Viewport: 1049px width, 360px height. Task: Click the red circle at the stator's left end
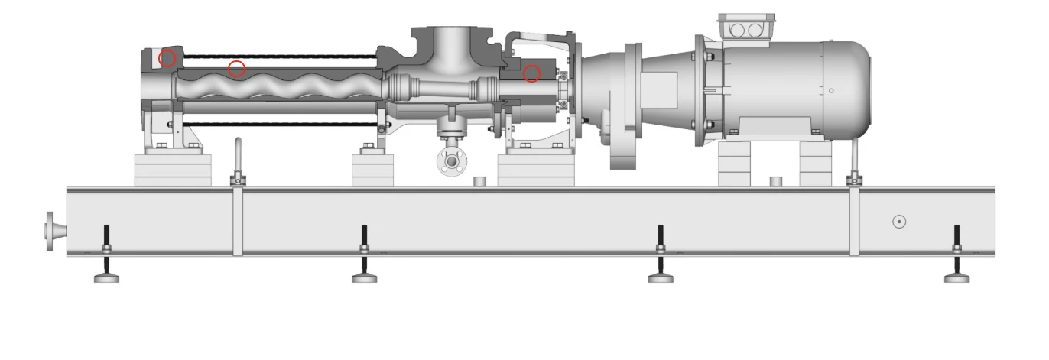(x=167, y=58)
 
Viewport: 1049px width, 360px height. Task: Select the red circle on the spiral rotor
(x=237, y=69)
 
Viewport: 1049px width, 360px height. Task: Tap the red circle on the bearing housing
(x=531, y=73)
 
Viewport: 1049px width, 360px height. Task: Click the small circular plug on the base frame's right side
(x=900, y=222)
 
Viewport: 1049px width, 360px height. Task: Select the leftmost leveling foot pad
(x=106, y=278)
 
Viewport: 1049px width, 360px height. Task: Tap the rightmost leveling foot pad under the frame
(x=956, y=278)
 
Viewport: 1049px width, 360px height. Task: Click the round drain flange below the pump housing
(x=452, y=161)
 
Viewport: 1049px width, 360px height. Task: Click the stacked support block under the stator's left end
(x=172, y=169)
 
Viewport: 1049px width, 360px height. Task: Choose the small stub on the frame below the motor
(x=775, y=181)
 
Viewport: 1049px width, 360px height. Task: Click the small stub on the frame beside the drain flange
(x=480, y=181)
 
